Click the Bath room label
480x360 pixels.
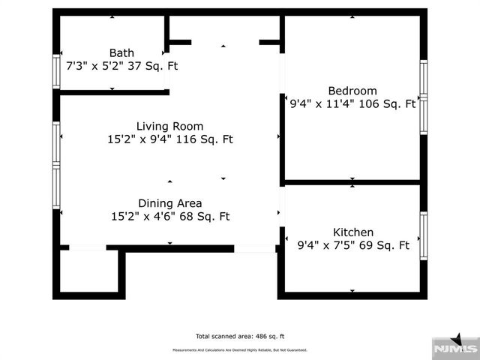121,52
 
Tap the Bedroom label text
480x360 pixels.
352,91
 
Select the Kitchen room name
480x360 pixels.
352,232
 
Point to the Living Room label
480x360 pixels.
169,126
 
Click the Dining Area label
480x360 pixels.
169,203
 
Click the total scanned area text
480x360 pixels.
240,337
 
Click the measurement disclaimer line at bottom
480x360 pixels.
240,350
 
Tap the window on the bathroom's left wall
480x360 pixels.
56,72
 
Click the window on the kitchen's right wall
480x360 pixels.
423,236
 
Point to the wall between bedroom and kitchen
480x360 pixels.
352,181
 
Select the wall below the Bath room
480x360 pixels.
112,92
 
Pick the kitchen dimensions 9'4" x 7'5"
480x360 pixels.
323,245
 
